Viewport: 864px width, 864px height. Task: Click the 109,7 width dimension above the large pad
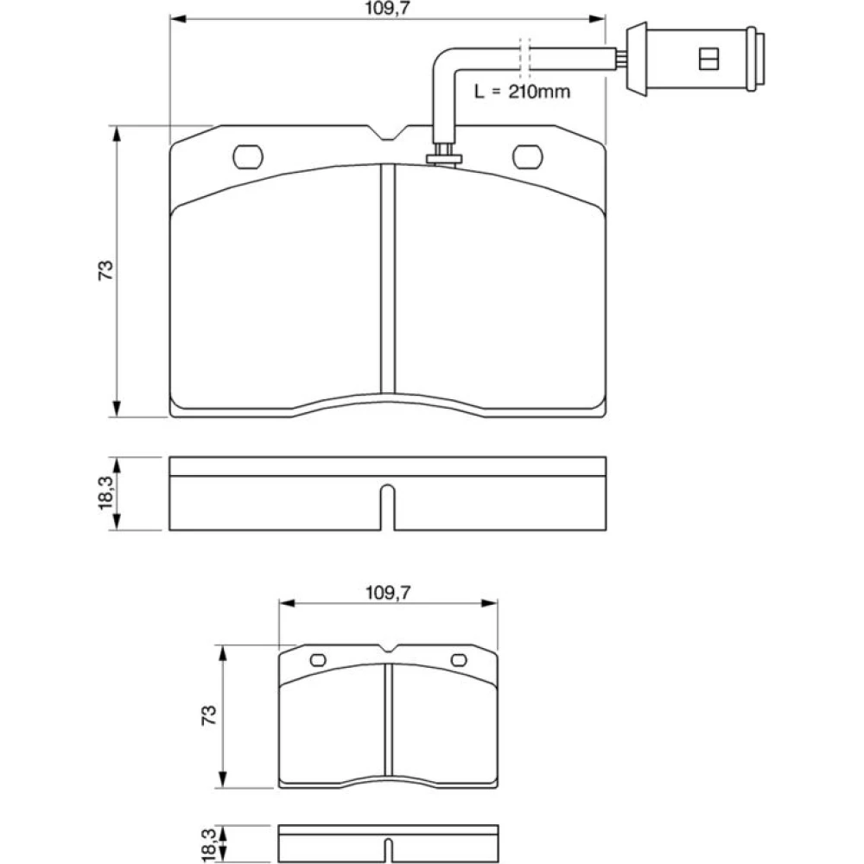pyautogui.click(x=388, y=9)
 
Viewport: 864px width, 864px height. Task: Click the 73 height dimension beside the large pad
pyautogui.click(x=105, y=270)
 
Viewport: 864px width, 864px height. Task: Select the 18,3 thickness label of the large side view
pyautogui.click(x=105, y=492)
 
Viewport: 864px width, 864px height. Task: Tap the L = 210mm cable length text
pyautogui.click(x=522, y=91)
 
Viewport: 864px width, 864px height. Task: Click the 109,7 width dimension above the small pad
pyautogui.click(x=388, y=593)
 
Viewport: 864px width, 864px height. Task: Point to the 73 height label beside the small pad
pyautogui.click(x=209, y=715)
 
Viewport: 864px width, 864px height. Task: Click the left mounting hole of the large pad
pyautogui.click(x=248, y=157)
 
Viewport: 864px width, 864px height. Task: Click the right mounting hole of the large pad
pyautogui.click(x=527, y=157)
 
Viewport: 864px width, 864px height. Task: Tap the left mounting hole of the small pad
pyautogui.click(x=319, y=660)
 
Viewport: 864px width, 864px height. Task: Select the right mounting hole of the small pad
pyautogui.click(x=459, y=660)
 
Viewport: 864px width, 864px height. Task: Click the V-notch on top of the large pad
pyautogui.click(x=388, y=133)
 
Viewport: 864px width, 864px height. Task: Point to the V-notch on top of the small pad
pyautogui.click(x=389, y=649)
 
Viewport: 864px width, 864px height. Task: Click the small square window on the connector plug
pyautogui.click(x=708, y=59)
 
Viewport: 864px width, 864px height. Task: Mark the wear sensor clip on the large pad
pyautogui.click(x=443, y=155)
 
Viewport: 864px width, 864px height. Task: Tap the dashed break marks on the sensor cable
pyautogui.click(x=525, y=59)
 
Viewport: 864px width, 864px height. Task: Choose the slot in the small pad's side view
pyautogui.click(x=389, y=851)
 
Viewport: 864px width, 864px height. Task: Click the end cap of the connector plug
pyautogui.click(x=755, y=59)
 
